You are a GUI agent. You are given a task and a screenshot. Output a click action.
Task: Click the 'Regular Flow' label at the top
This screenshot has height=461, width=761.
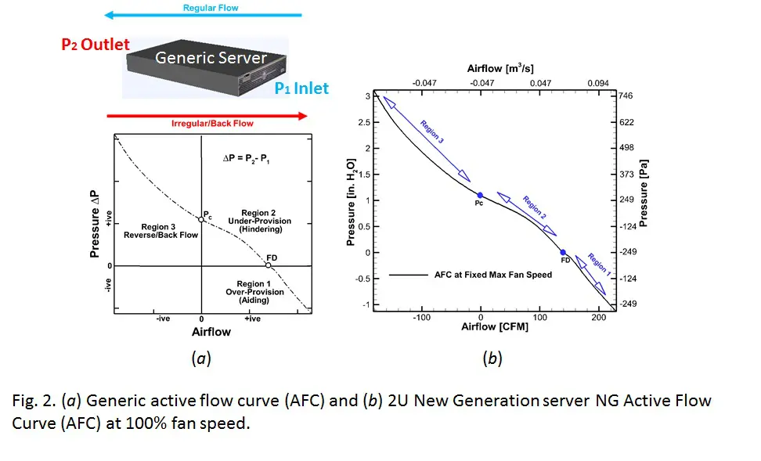(211, 8)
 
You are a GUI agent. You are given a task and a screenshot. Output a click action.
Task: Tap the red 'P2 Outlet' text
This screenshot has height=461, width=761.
(96, 45)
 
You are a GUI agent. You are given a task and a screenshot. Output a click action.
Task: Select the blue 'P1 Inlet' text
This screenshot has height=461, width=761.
(301, 88)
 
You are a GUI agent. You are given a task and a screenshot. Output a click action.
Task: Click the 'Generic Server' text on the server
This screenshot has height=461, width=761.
(211, 58)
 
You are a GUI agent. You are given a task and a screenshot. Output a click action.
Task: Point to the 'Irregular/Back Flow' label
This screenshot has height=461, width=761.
(212, 123)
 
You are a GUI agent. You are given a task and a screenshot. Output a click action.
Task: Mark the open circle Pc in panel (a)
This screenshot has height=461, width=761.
(201, 220)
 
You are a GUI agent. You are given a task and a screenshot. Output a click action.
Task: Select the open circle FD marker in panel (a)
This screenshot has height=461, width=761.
(268, 265)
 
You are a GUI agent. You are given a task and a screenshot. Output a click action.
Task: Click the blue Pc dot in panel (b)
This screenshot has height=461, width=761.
(480, 195)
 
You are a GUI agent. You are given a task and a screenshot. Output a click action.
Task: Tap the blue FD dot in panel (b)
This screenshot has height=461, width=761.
(563, 252)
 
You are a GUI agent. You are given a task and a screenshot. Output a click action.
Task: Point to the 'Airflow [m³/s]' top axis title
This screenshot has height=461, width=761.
(504, 69)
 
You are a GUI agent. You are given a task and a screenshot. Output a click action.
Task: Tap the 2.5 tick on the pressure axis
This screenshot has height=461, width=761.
(361, 122)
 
